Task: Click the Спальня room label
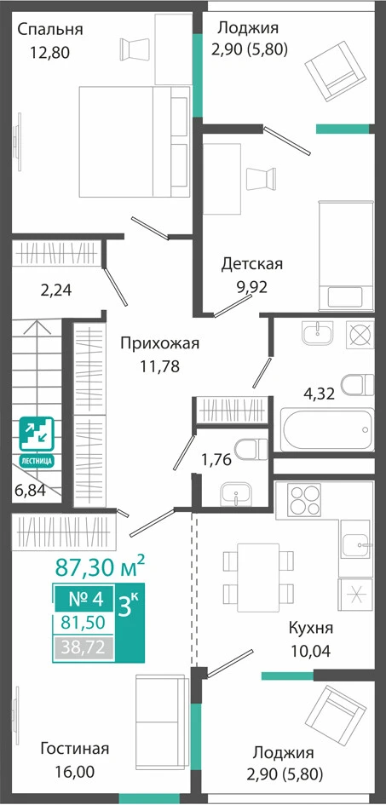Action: coord(49,29)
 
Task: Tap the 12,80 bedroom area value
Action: coord(49,52)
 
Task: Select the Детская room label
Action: coord(252,264)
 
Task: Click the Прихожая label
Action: coord(159,343)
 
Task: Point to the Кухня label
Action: coord(311,628)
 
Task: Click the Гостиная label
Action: coord(75,748)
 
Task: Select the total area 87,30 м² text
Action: coord(100,568)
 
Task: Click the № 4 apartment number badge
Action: coord(86,599)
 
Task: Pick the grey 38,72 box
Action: coord(84,648)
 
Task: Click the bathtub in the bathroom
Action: coord(327,429)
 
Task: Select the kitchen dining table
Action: coord(258,577)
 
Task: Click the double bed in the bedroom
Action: coord(135,141)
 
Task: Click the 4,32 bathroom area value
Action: coord(319,394)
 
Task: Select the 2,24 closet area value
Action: coord(56,290)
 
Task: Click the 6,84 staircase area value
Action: coord(31,491)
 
